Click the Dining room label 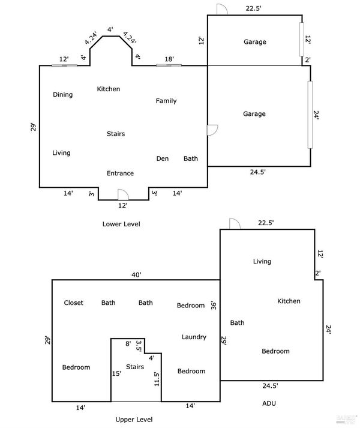[x=63, y=95]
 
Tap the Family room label [x=166, y=101]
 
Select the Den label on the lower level [x=163, y=158]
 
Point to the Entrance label [x=121, y=173]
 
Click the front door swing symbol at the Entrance [x=123, y=194]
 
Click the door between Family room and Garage [x=212, y=130]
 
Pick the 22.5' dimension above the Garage [x=254, y=8]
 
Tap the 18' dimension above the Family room [x=169, y=59]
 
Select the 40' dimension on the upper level [x=136, y=274]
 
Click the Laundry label [x=194, y=337]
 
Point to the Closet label [x=73, y=303]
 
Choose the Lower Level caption [x=121, y=224]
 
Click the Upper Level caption [x=134, y=420]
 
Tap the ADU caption [x=269, y=403]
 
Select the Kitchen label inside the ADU [x=289, y=301]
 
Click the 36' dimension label [x=214, y=305]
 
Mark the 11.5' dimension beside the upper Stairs [x=157, y=379]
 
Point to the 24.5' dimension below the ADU [x=271, y=386]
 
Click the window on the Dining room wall [x=64, y=65]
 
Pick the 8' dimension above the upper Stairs [x=128, y=343]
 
